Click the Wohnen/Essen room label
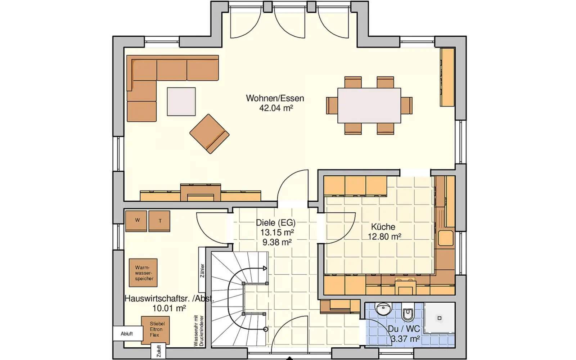point(275,98)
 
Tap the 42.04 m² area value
point(276,108)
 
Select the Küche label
point(383,227)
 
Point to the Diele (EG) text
point(276,222)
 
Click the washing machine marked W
point(136,221)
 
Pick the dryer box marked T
point(159,221)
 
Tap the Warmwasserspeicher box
point(143,273)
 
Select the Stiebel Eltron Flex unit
point(155,330)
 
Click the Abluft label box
point(128,334)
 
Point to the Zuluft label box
point(158,351)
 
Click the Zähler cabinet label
point(202,270)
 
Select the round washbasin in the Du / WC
point(383,309)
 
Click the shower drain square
point(440,318)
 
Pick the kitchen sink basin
point(446,238)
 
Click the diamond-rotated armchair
point(209,134)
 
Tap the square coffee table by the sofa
point(181,102)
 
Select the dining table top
point(369,105)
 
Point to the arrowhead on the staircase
point(265,269)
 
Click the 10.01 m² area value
point(169,308)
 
